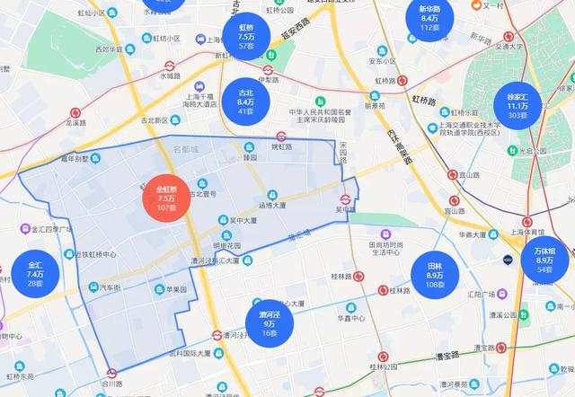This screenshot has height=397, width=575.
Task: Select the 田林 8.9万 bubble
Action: pyautogui.click(x=435, y=276)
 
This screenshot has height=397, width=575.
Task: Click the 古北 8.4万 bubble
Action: pyautogui.click(x=246, y=104)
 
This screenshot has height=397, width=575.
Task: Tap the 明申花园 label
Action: pyautogui.click(x=228, y=244)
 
